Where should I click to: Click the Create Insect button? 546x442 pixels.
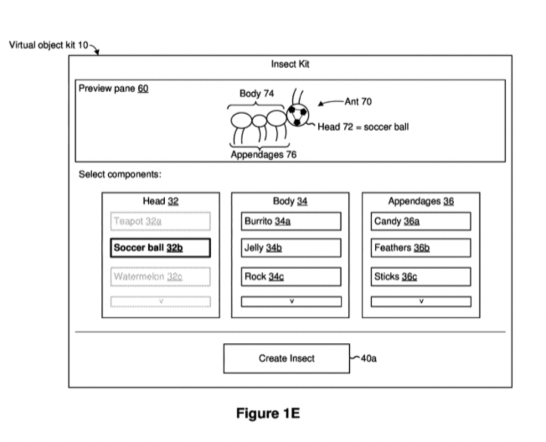click(x=286, y=358)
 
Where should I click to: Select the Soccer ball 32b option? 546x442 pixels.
click(x=160, y=248)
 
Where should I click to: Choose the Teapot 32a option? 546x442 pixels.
click(x=160, y=221)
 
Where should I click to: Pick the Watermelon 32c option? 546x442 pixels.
click(x=160, y=277)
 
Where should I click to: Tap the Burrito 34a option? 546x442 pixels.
click(x=291, y=221)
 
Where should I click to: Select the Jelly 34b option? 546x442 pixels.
click(x=291, y=248)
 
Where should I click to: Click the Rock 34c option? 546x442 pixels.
click(x=291, y=277)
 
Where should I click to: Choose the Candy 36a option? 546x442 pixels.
click(x=421, y=221)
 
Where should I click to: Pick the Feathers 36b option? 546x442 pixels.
click(x=421, y=248)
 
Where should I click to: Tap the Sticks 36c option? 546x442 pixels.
click(x=421, y=277)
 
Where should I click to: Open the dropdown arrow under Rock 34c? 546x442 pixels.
click(x=291, y=302)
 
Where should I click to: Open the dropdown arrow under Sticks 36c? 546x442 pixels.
click(x=421, y=302)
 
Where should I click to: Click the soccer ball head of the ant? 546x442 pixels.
click(x=298, y=115)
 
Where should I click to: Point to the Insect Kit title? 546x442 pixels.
click(x=290, y=64)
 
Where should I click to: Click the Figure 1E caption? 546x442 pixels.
click(x=268, y=414)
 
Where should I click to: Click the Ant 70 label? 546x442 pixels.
click(x=358, y=101)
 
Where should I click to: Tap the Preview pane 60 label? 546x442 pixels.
click(x=114, y=89)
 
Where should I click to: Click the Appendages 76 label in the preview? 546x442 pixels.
click(x=263, y=155)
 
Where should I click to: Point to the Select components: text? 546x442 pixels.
click(x=120, y=174)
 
